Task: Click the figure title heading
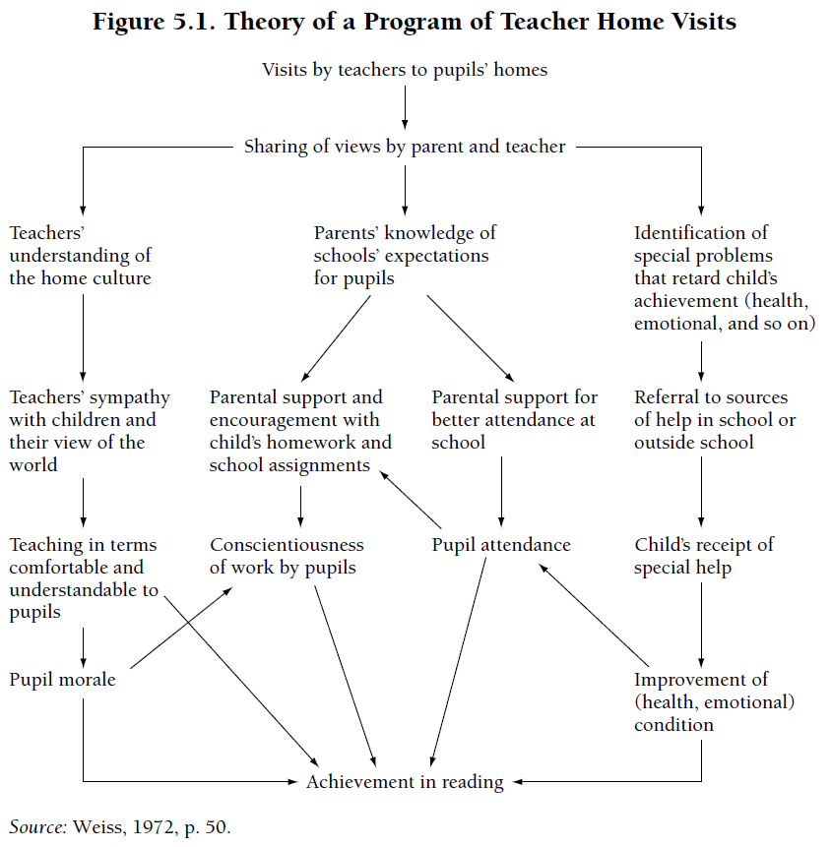[x=415, y=22]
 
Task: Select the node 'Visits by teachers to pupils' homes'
[x=405, y=70]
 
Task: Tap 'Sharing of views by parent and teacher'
[x=405, y=147]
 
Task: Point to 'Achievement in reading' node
[x=405, y=782]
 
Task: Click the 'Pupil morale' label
[x=62, y=680]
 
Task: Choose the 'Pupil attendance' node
[x=501, y=545]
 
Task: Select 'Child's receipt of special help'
[x=703, y=556]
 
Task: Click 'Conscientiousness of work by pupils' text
[x=287, y=556]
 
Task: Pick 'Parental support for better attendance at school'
[x=514, y=420]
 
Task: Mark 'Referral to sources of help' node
[x=715, y=420]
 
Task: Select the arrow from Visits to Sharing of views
[x=405, y=104]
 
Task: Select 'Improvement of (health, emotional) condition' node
[x=714, y=702]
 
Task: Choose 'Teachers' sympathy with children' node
[x=89, y=431]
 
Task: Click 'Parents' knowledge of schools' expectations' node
[x=405, y=255]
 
